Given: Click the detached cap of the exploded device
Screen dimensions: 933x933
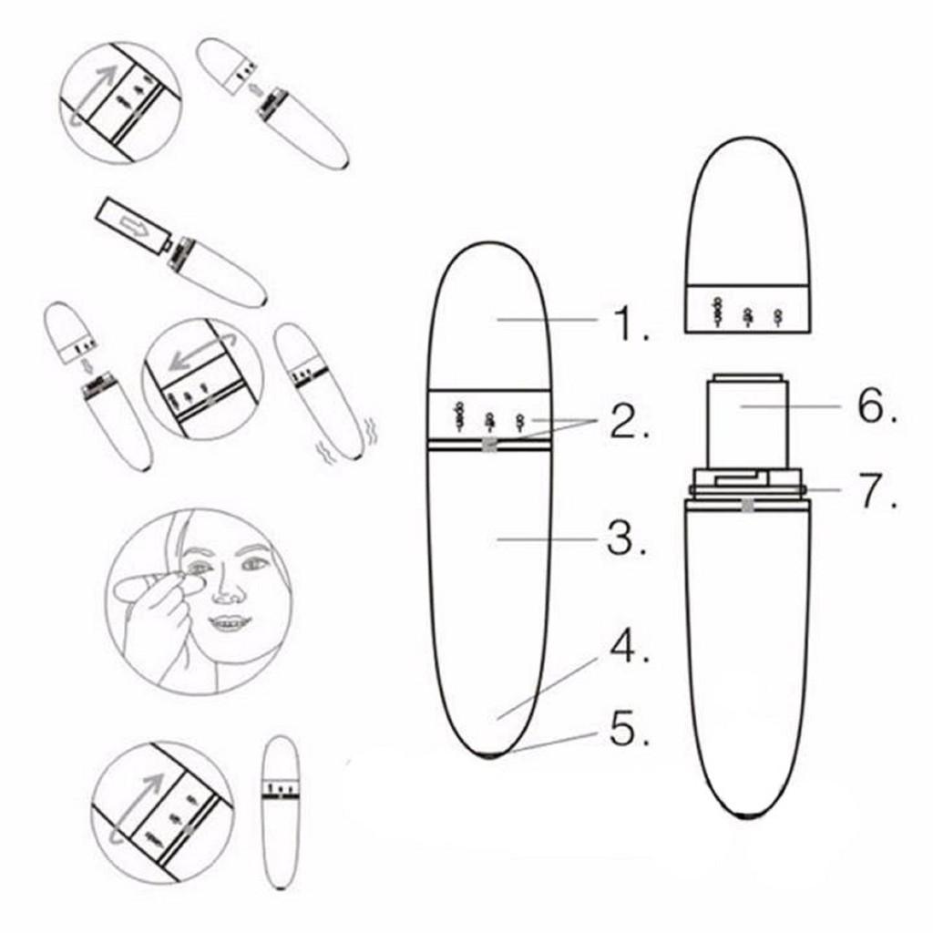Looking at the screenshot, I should click(747, 237).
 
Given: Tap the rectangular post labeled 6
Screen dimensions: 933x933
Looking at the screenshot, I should click(745, 419).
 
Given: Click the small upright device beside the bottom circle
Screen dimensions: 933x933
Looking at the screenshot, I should click(280, 811).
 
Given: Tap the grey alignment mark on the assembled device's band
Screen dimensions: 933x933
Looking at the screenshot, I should click(489, 445).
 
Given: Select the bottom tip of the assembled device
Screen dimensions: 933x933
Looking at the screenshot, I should click(491, 754).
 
